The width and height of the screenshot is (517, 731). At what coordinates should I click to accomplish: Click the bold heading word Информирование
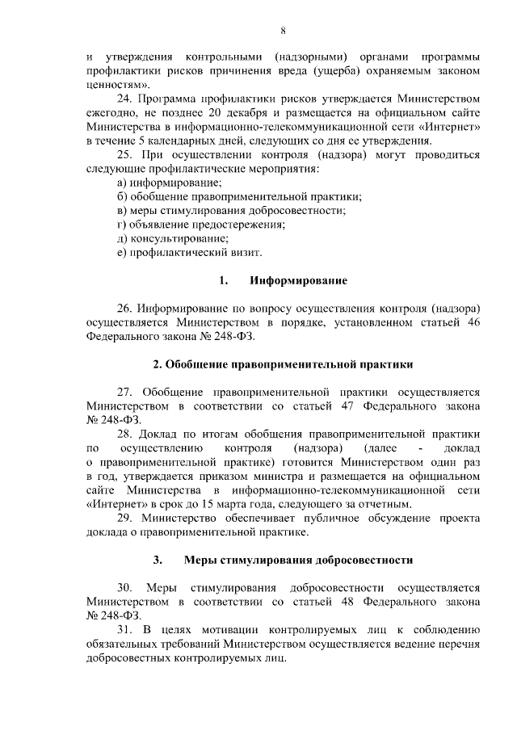(x=298, y=281)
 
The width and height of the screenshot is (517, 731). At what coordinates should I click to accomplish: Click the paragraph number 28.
(x=126, y=435)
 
